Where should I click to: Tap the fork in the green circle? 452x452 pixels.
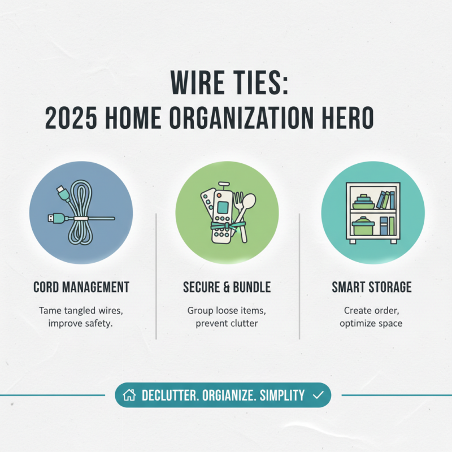[238, 206]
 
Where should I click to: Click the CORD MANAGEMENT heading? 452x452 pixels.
[81, 287]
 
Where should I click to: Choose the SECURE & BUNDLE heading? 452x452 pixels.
[227, 287]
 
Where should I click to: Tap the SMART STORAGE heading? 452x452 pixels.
[371, 287]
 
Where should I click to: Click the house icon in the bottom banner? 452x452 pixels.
[129, 395]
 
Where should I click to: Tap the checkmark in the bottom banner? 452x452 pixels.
[318, 395]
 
